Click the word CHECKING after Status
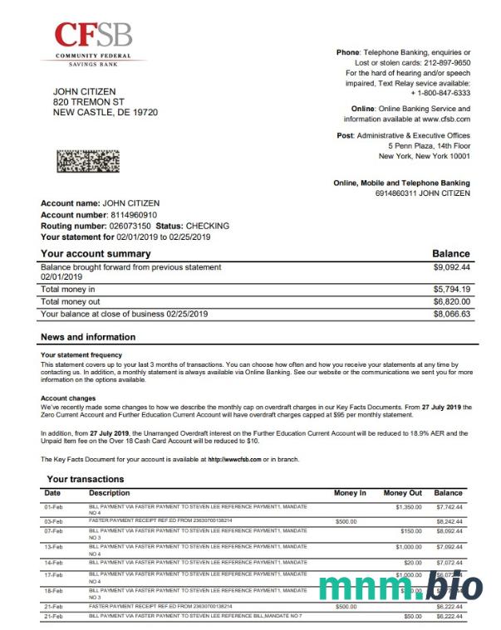[207, 226]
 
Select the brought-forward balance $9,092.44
[451, 267]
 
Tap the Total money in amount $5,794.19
[451, 289]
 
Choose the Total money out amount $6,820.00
[451, 302]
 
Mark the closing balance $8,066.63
[451, 315]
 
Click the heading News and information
[87, 337]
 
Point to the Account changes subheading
[69, 398]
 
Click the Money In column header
[350, 493]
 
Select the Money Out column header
[402, 493]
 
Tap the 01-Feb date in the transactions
[52, 506]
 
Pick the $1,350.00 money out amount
[408, 506]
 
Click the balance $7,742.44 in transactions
[449, 506]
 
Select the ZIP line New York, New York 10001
[424, 156]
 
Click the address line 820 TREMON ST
[88, 101]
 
